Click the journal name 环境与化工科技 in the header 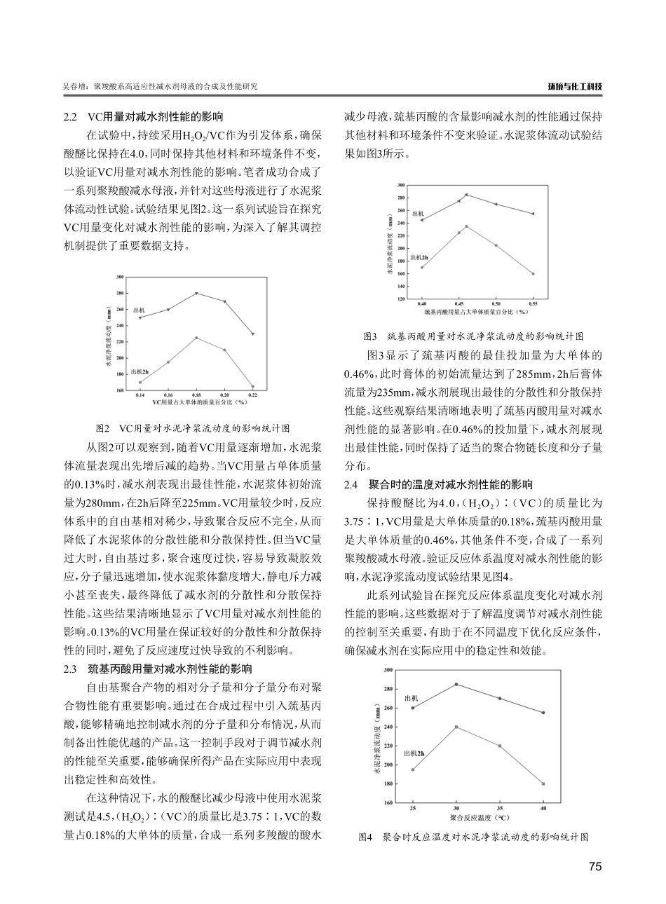pos(575,87)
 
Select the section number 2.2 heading pos(70,117)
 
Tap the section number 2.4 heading pos(353,484)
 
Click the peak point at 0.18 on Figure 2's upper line pos(196,293)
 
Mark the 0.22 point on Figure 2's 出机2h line pos(252,386)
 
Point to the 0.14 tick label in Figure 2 pos(140,396)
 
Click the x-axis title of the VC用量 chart pos(196,403)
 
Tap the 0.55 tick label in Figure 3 pos(534,304)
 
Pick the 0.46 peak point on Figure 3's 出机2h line pos(466,226)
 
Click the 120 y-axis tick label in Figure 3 pos(400,299)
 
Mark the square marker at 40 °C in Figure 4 pos(543,783)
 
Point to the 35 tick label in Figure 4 pos(500,809)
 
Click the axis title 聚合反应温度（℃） pos(478,817)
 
